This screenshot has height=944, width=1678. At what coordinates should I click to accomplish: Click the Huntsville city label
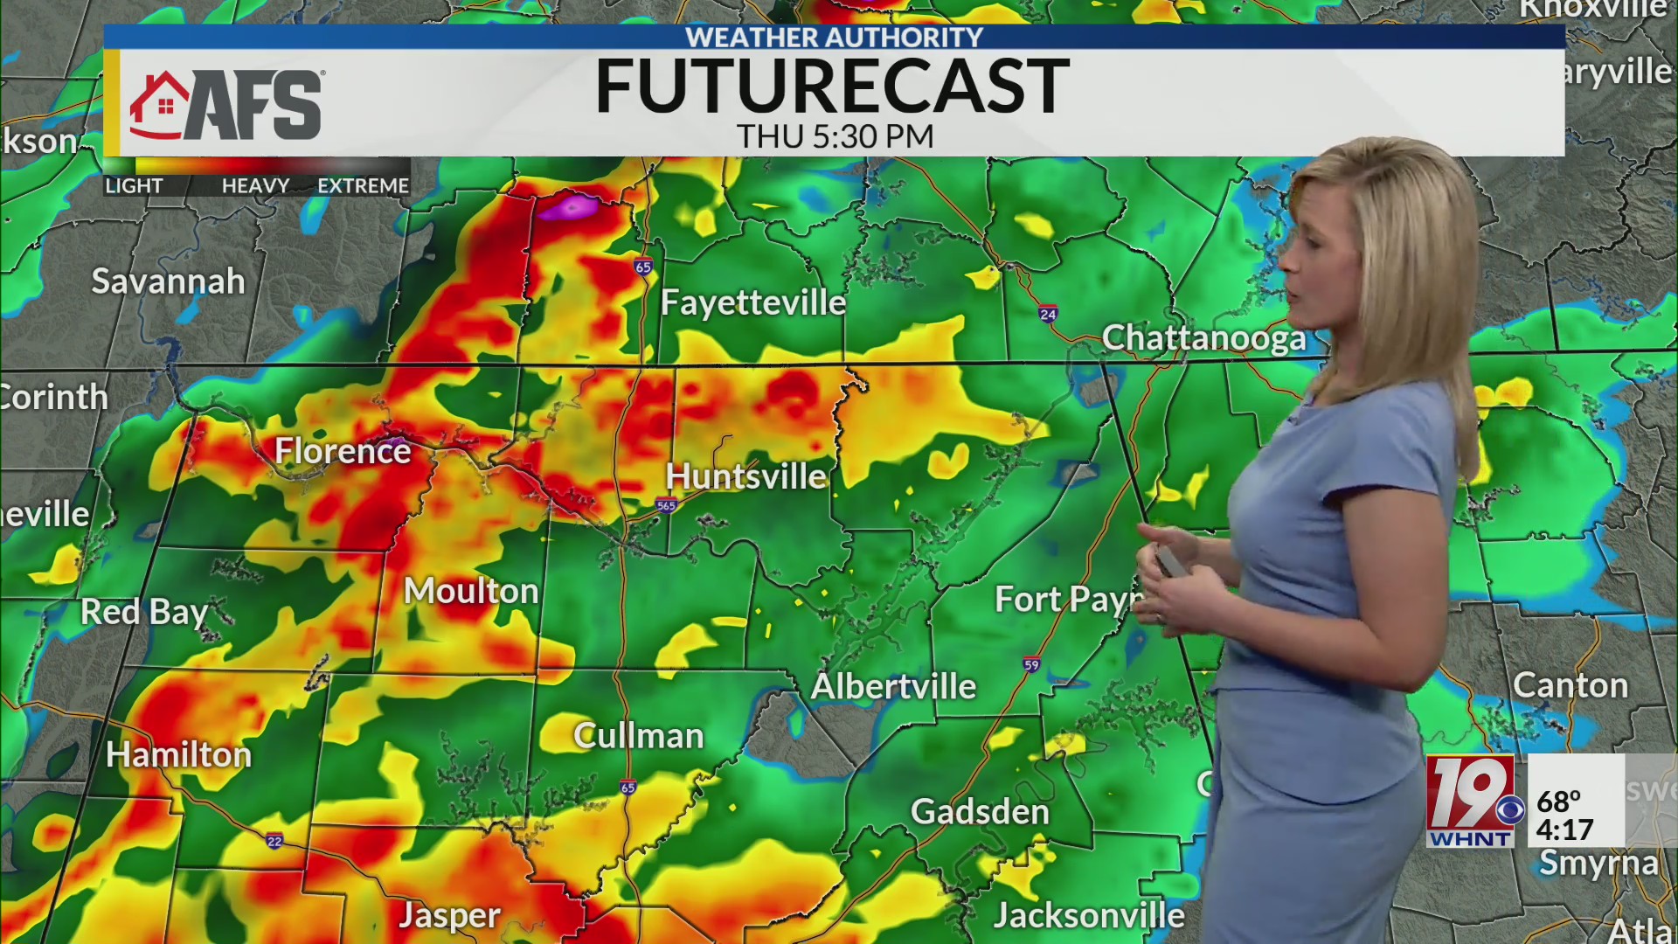(745, 476)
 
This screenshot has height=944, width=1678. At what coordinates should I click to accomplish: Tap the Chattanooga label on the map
(1203, 338)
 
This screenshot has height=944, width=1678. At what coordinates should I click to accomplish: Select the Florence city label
(343, 451)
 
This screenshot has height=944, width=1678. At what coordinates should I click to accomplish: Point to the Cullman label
(638, 736)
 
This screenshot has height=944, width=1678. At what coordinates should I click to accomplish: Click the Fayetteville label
(753, 302)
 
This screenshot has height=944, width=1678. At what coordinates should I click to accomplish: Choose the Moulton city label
(471, 592)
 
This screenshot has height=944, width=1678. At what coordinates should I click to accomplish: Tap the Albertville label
(893, 686)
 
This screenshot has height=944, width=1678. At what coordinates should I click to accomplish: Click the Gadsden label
(980, 812)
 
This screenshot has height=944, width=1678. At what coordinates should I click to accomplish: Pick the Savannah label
(169, 281)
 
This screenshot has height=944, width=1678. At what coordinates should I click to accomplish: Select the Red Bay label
(145, 612)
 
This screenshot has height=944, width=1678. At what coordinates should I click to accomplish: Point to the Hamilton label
(179, 754)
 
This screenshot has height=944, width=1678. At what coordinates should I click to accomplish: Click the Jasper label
(449, 915)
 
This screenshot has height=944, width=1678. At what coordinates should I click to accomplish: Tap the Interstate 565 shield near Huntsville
(667, 505)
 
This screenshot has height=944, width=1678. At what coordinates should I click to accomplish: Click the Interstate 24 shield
(1048, 314)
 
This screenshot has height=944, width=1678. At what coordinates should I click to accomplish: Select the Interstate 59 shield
(1031, 665)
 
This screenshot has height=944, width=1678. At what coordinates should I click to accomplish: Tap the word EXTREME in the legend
(363, 186)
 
